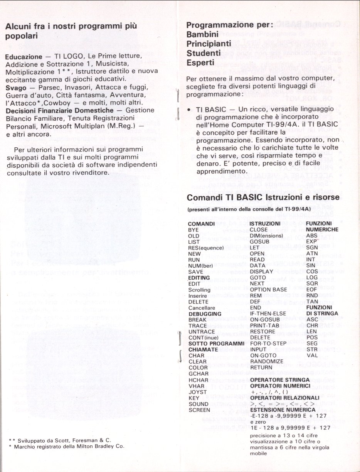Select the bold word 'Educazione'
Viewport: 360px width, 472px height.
[x=23, y=57]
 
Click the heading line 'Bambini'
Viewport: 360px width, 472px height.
[x=203, y=34]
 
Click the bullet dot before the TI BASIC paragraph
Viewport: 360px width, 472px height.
[x=188, y=110]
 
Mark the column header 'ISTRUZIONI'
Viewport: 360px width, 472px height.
[x=265, y=224]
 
